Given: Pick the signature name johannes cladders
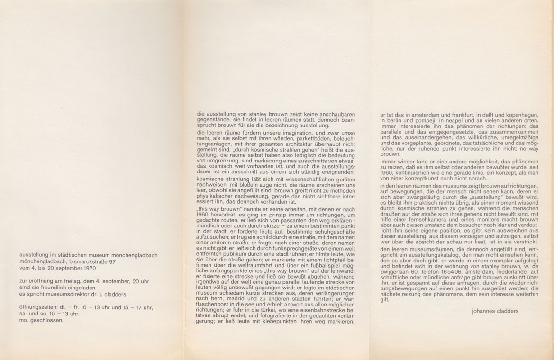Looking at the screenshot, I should tap(495, 311).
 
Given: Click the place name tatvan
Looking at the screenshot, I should tap(207, 315).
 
